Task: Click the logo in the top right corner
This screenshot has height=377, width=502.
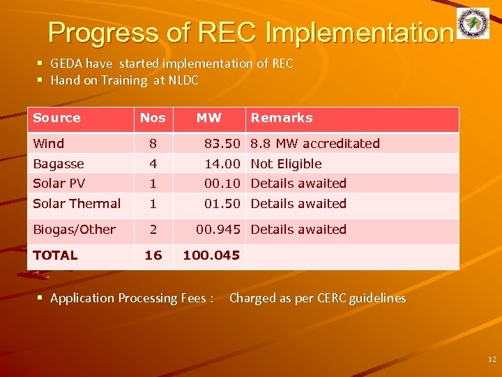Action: coord(473,24)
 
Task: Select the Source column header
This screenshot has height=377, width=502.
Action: coord(56,118)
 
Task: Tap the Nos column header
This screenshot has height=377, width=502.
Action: coord(153,118)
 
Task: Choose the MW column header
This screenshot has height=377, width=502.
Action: coord(208,118)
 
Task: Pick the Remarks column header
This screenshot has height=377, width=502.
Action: coord(282,118)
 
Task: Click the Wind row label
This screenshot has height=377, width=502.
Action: coord(48,144)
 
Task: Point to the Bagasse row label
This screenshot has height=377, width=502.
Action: coord(59,164)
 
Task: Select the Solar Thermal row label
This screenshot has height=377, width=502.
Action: coord(77,204)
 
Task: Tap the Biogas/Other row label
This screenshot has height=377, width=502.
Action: coord(74,230)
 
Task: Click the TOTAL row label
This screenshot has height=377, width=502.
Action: coord(55,256)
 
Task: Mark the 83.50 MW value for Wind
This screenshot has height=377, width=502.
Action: coord(222,144)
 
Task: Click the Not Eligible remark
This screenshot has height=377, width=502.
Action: coord(286,164)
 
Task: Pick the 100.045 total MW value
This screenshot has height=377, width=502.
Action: coord(211,256)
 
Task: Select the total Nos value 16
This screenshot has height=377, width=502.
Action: coord(153,256)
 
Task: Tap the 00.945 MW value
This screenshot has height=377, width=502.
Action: coord(218,230)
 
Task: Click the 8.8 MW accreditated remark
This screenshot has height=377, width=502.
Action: coord(315,144)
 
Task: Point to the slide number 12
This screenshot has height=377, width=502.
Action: coord(492,359)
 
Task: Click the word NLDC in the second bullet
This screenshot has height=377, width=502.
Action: coord(183,80)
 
